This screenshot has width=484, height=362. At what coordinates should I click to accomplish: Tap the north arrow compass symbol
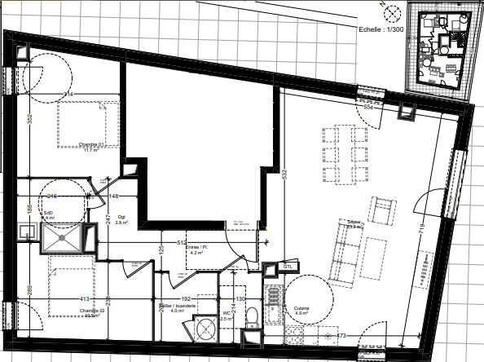click(x=389, y=12)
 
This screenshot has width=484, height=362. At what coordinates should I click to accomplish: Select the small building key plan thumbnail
click(x=439, y=53)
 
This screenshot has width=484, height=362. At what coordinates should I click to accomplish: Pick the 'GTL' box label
click(x=288, y=267)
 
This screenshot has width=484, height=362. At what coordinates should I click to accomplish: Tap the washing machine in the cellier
click(x=206, y=330)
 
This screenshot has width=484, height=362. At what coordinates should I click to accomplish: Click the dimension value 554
click(x=367, y=107)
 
